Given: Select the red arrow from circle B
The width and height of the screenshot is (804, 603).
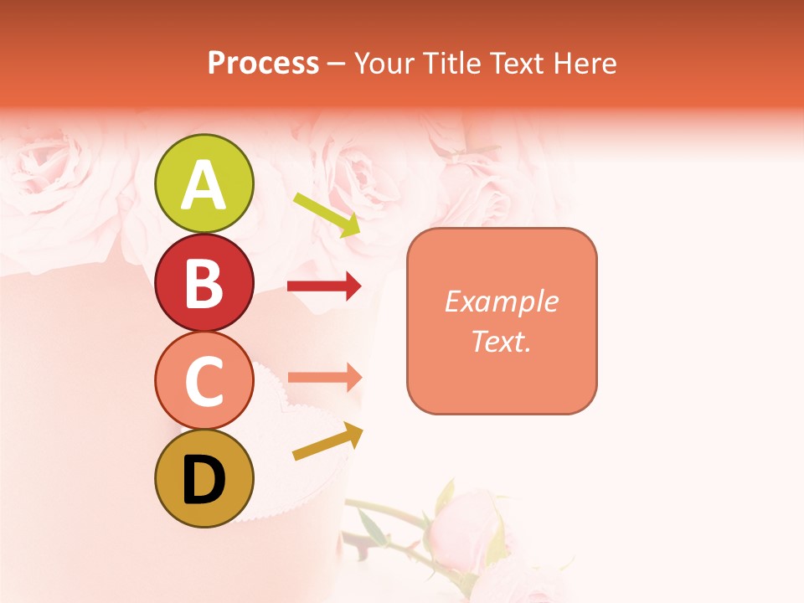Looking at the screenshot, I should tap(324, 286).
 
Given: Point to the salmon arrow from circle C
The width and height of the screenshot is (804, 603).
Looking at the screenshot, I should tap(324, 378).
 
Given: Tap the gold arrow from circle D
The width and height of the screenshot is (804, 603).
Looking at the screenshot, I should tap(327, 442).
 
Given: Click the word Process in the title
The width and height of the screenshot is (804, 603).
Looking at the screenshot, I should tap(263, 63).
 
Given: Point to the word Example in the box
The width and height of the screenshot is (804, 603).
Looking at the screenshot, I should tap(502, 301).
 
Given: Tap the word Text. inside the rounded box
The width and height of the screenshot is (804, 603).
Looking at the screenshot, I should tap(502, 341).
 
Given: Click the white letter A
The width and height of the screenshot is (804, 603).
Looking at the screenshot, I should tap(204, 186).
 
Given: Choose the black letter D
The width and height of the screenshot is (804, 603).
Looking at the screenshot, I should tap(204, 480).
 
